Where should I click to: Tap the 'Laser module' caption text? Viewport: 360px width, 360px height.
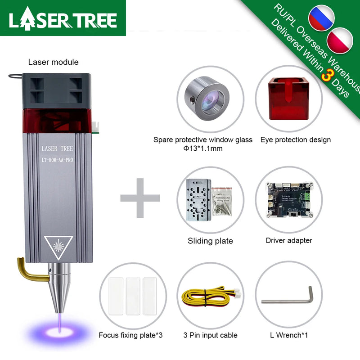pos(53,62)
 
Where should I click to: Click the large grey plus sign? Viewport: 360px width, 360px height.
pos(140,197)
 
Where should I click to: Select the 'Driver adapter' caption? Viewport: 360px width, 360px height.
pos(288,240)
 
